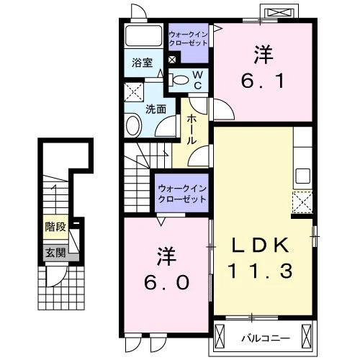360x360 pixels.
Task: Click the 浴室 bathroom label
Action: (x=143, y=63)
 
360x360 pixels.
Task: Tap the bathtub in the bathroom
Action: (x=144, y=35)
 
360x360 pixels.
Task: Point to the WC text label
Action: (x=198, y=80)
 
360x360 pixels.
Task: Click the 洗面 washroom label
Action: (x=156, y=109)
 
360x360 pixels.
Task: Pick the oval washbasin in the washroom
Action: (x=132, y=125)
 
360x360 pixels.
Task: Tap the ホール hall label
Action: (x=192, y=129)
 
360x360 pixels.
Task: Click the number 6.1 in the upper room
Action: (x=263, y=81)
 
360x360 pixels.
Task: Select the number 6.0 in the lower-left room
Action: (x=166, y=282)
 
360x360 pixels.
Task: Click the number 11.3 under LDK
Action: (x=261, y=271)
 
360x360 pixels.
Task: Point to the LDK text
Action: (x=260, y=245)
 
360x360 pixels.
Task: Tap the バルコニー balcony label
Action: (x=266, y=338)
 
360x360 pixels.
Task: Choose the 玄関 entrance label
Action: (x=55, y=253)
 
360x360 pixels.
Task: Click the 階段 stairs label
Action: (x=55, y=227)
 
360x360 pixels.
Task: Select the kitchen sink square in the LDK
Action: (x=303, y=176)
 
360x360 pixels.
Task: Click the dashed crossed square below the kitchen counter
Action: (x=302, y=202)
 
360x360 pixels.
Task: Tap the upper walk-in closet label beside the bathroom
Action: (x=188, y=39)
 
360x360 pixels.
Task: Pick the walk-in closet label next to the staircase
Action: (x=182, y=194)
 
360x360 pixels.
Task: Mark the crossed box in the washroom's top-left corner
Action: (x=134, y=92)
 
